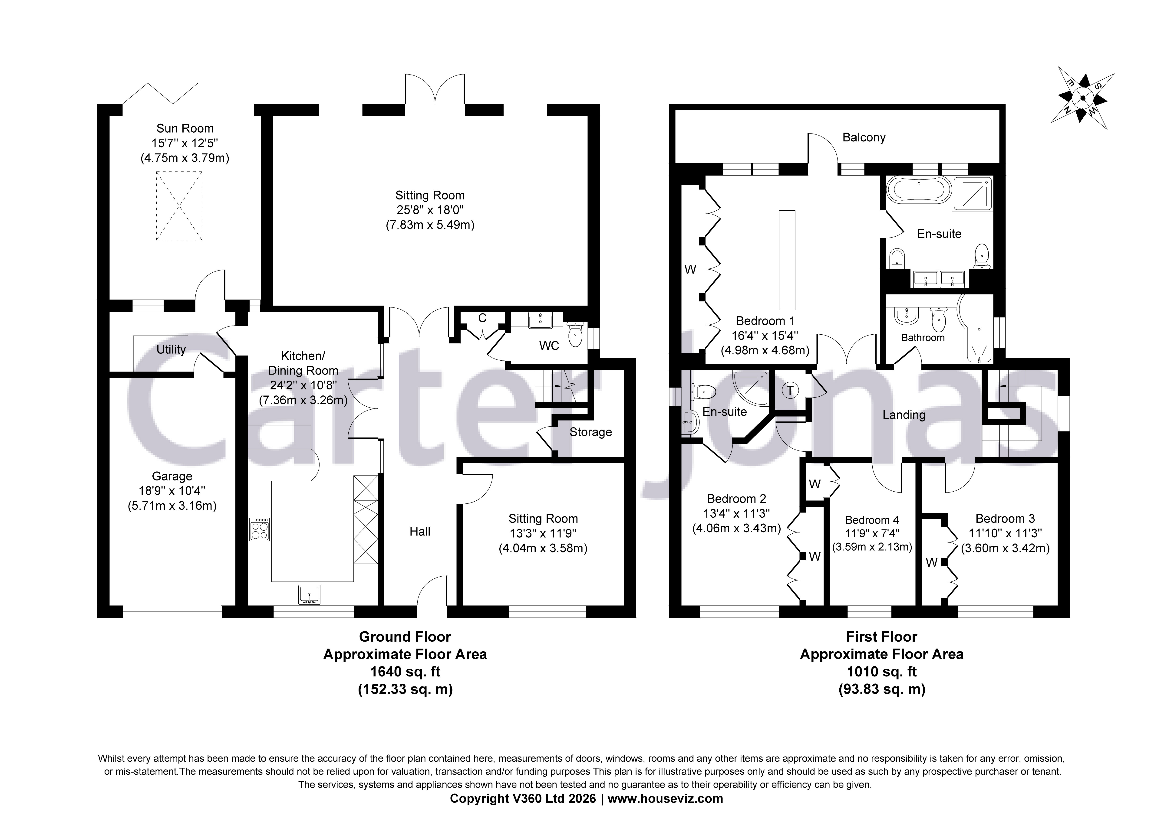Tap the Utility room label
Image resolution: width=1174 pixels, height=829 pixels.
pos(171,349)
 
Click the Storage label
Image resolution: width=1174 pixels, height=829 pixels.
pos(590,432)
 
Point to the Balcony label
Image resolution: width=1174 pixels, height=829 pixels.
pos(864,137)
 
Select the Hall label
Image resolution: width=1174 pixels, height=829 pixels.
pos(420,532)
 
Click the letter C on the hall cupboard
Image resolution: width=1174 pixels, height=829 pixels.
pos(482,318)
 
